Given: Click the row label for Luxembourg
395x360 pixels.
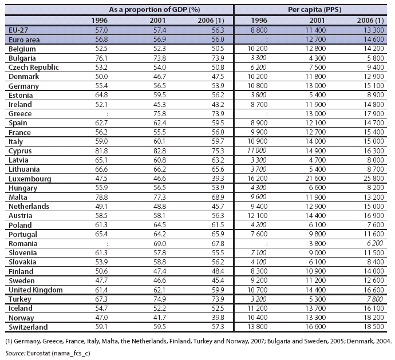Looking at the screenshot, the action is (x=30, y=179).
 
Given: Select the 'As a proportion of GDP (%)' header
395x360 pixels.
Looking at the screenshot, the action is (x=155, y=10).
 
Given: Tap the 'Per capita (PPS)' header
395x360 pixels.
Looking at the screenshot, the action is (x=315, y=10).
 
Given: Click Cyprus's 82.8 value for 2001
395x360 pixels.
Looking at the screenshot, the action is (x=160, y=151).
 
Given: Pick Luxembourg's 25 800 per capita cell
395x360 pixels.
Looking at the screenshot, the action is (x=374, y=179).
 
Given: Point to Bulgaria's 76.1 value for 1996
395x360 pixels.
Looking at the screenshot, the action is (x=101, y=58).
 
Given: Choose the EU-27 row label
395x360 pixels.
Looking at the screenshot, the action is (x=18, y=30).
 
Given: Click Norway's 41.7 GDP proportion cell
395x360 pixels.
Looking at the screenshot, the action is (x=160, y=318).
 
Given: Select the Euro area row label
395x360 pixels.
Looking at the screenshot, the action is (x=24, y=39).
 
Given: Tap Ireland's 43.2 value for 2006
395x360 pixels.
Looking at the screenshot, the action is (x=218, y=104).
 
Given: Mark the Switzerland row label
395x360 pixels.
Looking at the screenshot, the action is (x=28, y=327).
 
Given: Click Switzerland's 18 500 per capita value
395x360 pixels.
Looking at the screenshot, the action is (x=374, y=327).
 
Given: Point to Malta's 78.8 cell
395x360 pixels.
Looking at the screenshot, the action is (x=101, y=197).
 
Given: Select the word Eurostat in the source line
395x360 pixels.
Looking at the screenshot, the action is (x=38, y=353).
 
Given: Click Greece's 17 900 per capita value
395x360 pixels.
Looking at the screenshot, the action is (x=374, y=114).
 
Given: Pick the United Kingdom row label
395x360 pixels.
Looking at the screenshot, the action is (x=35, y=290).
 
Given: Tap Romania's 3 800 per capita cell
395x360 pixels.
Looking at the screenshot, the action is (x=317, y=244).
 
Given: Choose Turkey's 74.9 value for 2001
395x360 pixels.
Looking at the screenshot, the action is (x=160, y=299).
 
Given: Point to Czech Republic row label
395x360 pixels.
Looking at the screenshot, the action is (x=34, y=68).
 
